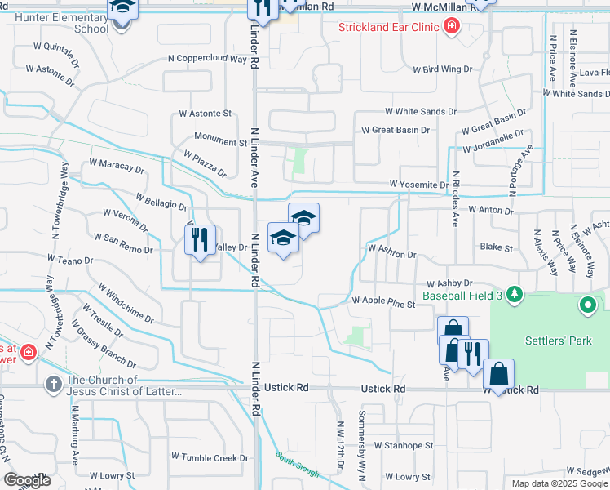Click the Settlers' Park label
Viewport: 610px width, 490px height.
click(559, 340)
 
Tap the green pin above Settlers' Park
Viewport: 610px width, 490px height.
click(588, 306)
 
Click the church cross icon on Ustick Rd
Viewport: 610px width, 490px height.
click(54, 382)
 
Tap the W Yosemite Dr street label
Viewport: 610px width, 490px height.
click(418, 185)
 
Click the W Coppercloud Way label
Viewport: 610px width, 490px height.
click(207, 59)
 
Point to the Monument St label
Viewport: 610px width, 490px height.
click(220, 142)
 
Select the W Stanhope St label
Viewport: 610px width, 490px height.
click(403, 446)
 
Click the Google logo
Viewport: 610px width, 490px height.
click(27, 480)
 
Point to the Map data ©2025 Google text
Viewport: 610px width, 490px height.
click(559, 483)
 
